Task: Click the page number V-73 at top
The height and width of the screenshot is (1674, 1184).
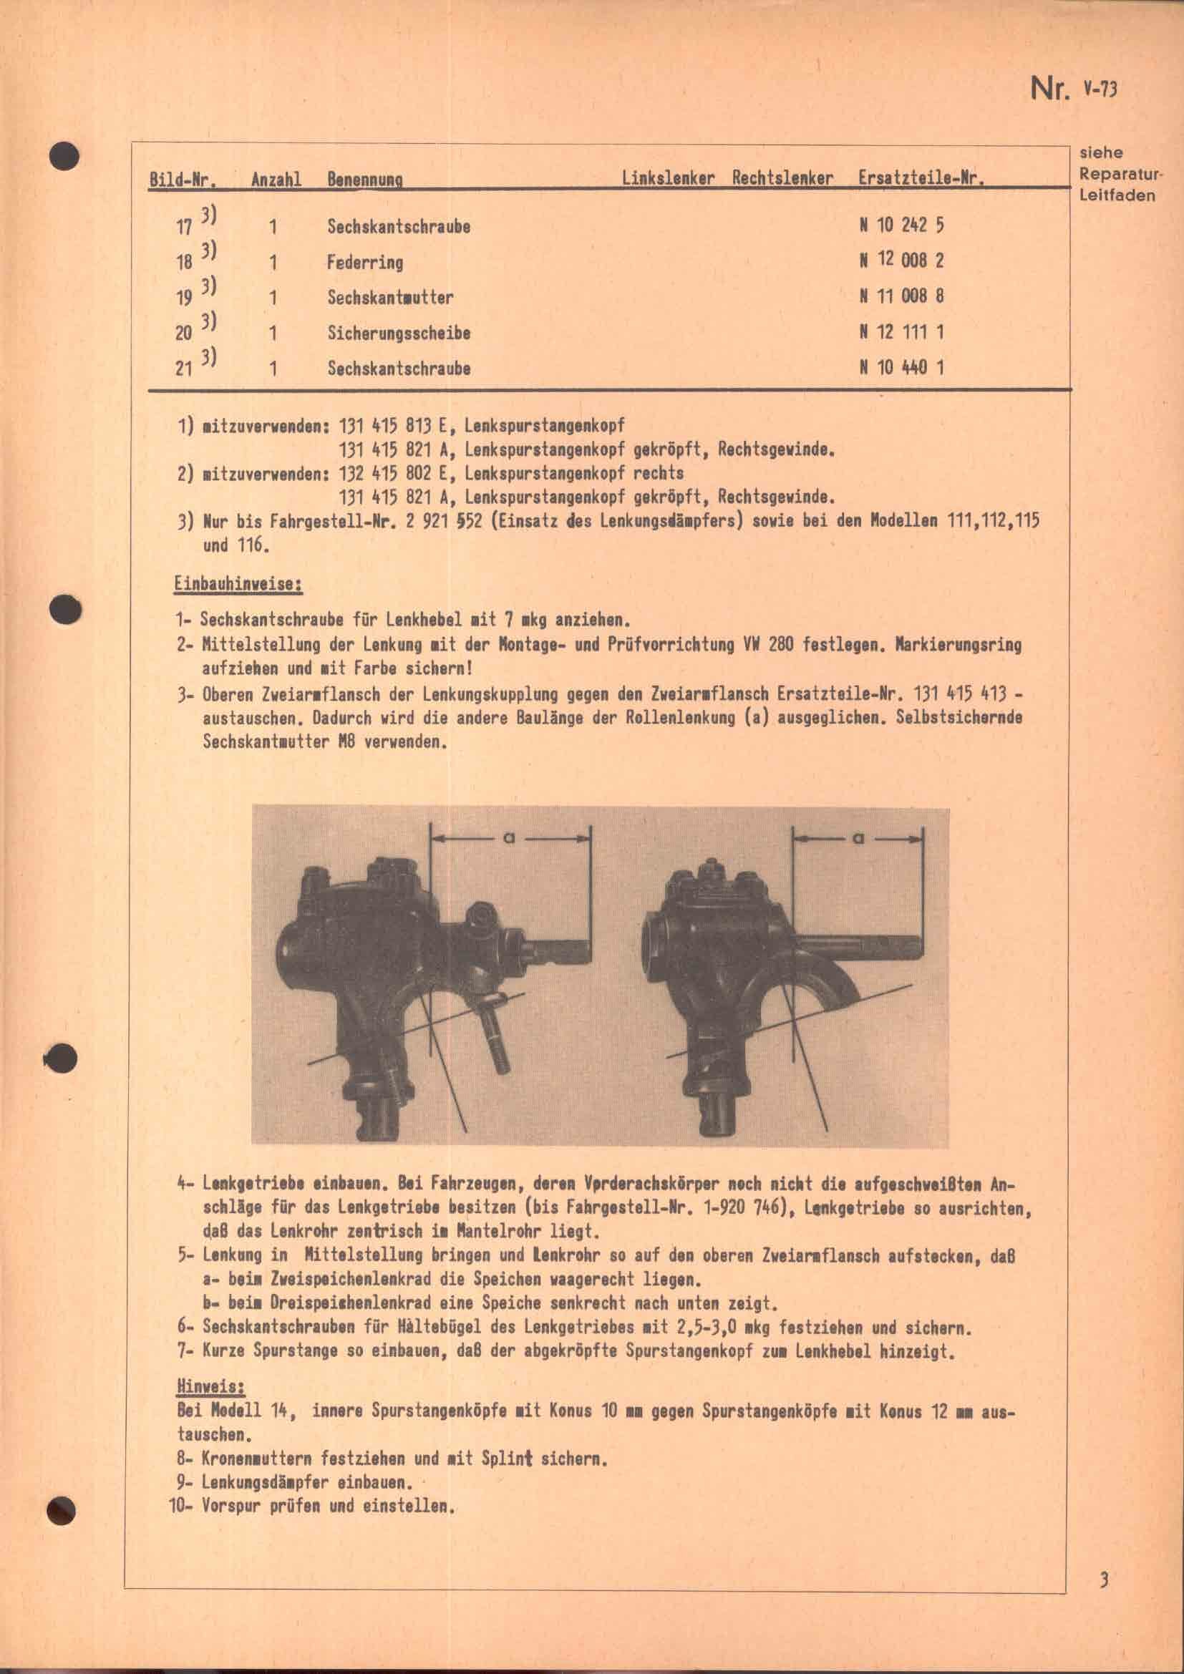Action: pos(1100,89)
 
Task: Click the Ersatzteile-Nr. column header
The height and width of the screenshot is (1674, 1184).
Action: pos(921,179)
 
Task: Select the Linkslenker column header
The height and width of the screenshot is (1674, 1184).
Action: pos(668,179)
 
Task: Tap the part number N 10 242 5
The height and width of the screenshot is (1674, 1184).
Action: pos(901,225)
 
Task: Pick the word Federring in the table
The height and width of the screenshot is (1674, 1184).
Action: pos(364,262)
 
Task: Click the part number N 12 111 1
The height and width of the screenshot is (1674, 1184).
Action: pos(901,333)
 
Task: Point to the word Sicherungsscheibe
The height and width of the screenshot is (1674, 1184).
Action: pos(399,334)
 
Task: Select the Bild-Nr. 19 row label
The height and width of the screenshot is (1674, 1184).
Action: pos(184,298)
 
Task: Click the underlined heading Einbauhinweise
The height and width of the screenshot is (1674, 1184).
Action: pos(238,585)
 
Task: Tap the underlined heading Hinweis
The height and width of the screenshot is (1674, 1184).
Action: pos(201,1386)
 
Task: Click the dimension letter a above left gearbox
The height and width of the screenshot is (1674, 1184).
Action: pos(509,839)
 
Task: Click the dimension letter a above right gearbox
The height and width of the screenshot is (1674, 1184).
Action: pos(858,839)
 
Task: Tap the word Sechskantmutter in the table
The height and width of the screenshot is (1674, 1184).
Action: pos(390,298)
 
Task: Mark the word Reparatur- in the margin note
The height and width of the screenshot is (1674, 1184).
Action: pos(1120,175)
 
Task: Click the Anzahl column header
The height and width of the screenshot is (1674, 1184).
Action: pos(276,180)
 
